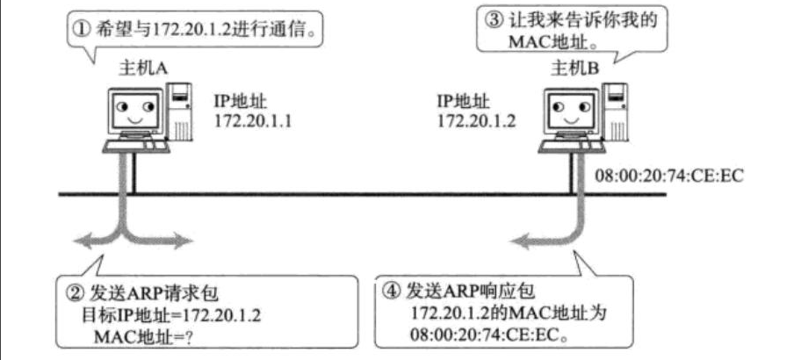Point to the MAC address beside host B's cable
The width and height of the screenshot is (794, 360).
point(669,175)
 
